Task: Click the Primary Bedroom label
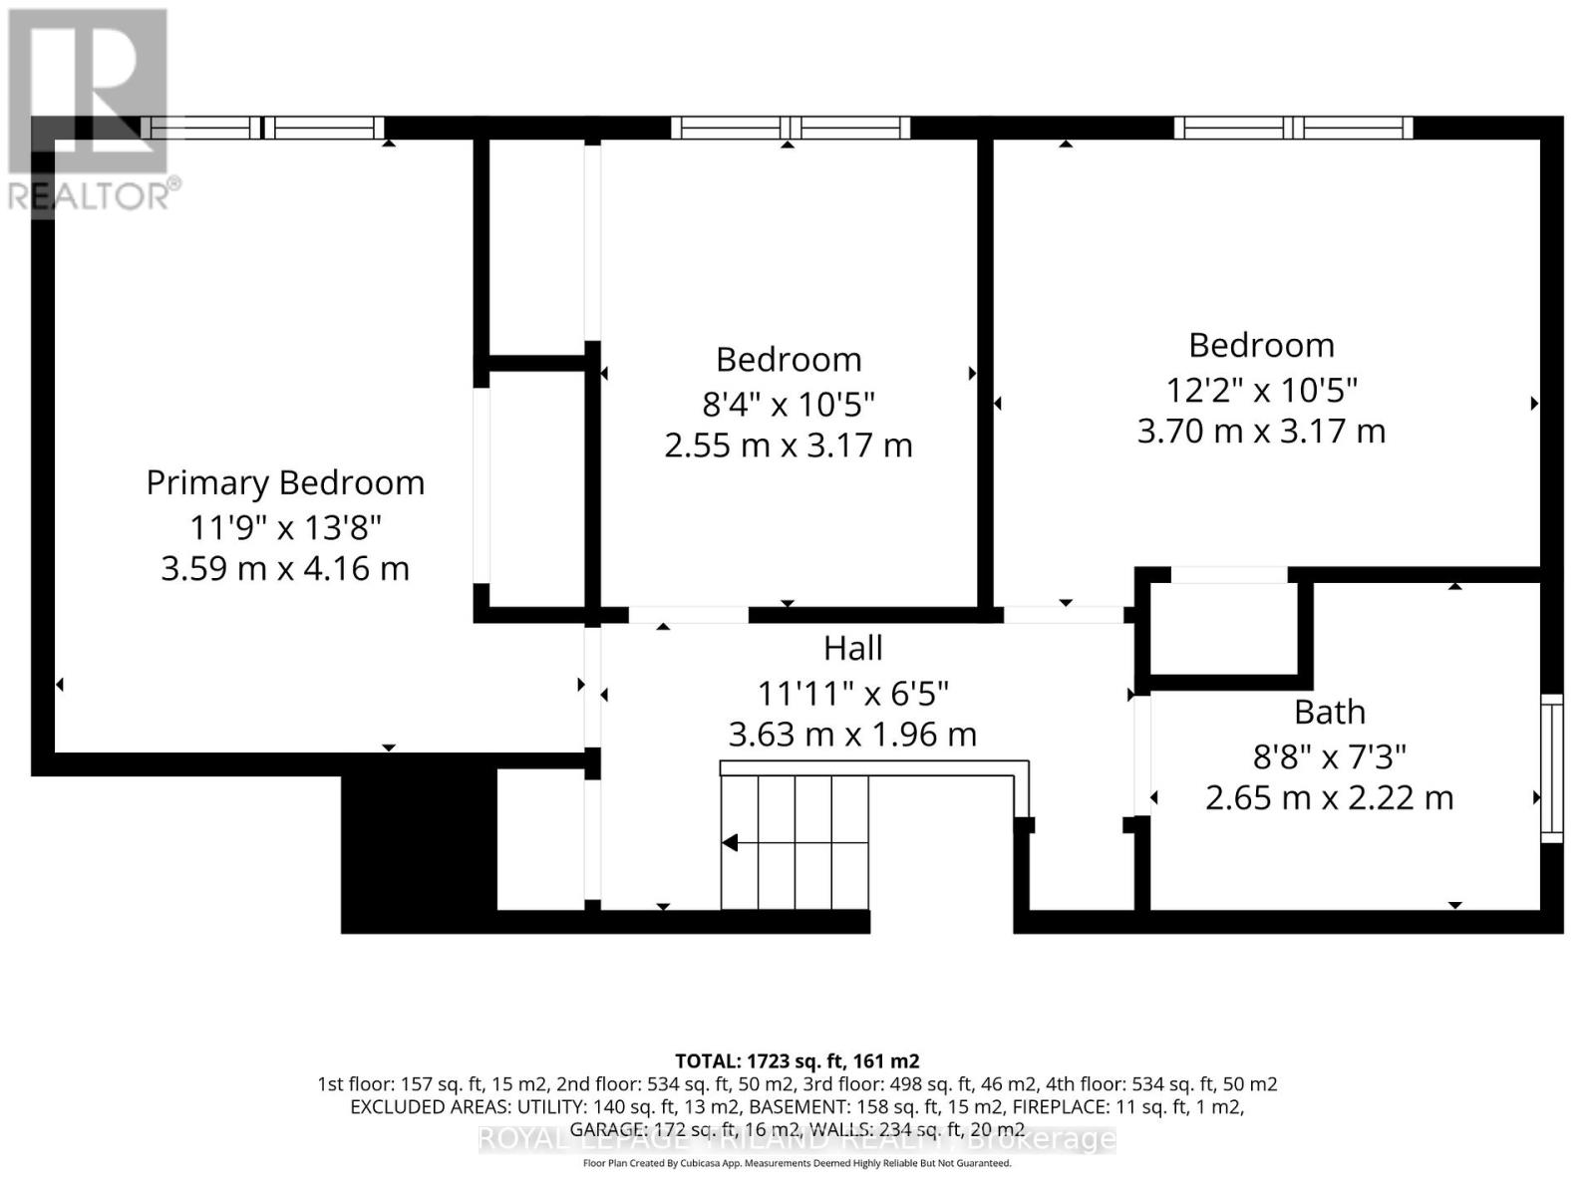point(285,482)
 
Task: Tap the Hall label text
point(852,649)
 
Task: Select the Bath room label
point(1329,713)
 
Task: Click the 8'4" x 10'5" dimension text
point(788,404)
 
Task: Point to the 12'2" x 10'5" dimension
point(1261,389)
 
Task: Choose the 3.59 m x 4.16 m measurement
point(285,569)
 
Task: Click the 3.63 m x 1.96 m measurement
point(852,735)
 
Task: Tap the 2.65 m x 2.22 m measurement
point(1329,798)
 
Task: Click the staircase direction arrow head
point(730,843)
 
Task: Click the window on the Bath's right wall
point(1552,767)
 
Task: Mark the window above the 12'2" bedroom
point(1293,128)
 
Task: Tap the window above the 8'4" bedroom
point(790,128)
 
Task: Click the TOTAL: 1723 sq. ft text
point(797,1060)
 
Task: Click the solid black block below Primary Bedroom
point(419,842)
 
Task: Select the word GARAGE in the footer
point(607,1129)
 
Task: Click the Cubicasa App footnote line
point(797,1163)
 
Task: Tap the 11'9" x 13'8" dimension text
point(285,526)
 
